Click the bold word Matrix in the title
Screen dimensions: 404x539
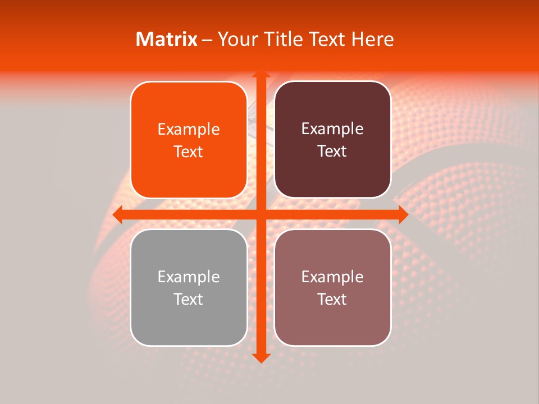point(167,39)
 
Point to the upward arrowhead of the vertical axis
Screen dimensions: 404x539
point(261,75)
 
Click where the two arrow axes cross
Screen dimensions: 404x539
point(261,214)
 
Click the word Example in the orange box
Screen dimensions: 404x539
point(189,130)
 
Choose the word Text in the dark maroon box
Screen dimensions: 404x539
point(332,151)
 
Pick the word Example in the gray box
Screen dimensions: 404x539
point(189,277)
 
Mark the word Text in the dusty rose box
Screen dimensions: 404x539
point(332,299)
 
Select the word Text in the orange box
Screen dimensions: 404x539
point(189,152)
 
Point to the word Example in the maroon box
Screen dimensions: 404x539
point(332,129)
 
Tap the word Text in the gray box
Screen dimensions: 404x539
point(189,299)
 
